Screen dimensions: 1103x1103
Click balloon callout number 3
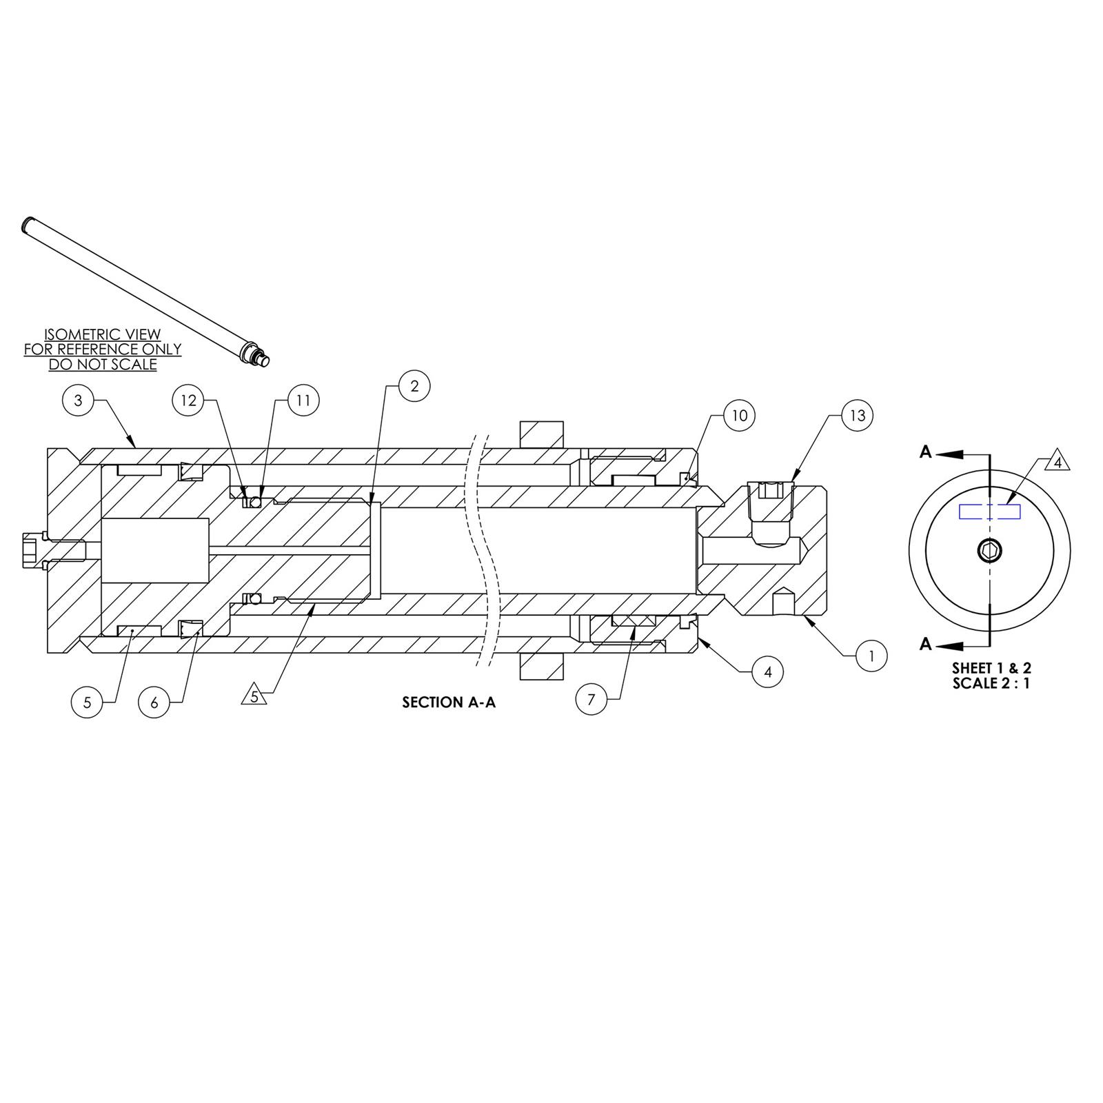[78, 401]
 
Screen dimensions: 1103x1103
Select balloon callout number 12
[189, 401]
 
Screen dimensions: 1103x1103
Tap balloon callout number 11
[304, 401]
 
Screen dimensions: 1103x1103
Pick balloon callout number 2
[414, 386]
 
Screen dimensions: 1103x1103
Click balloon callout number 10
[739, 416]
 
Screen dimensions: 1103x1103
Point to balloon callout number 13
[857, 416]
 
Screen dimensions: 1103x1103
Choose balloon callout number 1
[871, 656]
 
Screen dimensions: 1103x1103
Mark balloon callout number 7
[591, 700]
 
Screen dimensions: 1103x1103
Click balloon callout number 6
[154, 702]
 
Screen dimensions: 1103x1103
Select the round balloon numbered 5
[87, 702]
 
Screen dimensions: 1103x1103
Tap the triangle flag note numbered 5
[254, 697]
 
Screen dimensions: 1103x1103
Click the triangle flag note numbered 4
[1058, 462]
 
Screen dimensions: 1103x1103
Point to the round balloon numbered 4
[768, 671]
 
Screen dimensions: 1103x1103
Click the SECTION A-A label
[449, 702]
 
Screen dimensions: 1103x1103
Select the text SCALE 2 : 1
[991, 684]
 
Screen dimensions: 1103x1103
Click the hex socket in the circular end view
[990, 550]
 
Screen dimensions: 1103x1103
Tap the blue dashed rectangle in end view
[990, 512]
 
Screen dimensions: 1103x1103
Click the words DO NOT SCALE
[102, 365]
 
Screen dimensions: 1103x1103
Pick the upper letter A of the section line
[926, 452]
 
